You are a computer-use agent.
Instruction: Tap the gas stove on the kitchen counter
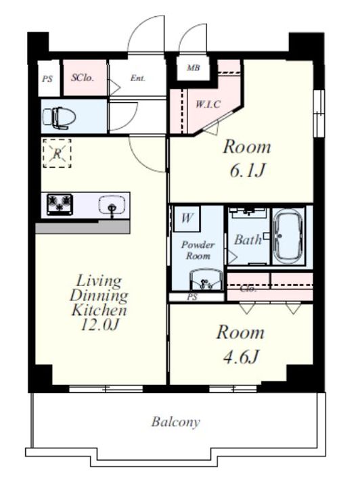(60, 204)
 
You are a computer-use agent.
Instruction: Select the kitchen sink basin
(112, 205)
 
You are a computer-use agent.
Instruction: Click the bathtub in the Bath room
(288, 236)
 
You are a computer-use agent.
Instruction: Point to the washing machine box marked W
(186, 218)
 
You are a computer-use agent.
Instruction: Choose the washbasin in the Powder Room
(206, 280)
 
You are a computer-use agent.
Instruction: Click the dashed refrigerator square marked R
(57, 154)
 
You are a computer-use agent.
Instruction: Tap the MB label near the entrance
(194, 68)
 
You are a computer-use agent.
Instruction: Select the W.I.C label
(208, 103)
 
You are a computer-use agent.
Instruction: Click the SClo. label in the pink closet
(83, 78)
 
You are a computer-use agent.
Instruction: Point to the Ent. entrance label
(137, 78)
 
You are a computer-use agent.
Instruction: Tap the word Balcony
(176, 422)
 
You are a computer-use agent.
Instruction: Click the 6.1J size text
(248, 170)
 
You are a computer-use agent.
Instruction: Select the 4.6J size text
(241, 356)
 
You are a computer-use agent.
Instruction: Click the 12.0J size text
(99, 325)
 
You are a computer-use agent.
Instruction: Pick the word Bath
(248, 239)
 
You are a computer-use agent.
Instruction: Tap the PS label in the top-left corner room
(47, 79)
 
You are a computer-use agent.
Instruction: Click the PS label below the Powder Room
(192, 297)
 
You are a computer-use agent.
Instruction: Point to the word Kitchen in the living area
(99, 310)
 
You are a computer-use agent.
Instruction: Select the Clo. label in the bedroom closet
(248, 289)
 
